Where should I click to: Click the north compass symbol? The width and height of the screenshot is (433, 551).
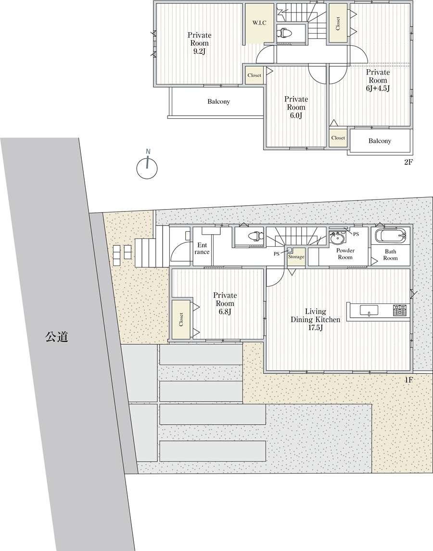click(x=147, y=167)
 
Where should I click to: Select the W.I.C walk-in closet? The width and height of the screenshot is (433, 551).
click(x=259, y=23)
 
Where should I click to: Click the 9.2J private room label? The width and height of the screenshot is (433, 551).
click(x=200, y=43)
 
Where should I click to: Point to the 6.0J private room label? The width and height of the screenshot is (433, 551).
click(x=296, y=107)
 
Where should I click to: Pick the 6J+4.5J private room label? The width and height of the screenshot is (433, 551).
click(x=378, y=80)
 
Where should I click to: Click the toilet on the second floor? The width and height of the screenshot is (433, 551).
click(x=285, y=33)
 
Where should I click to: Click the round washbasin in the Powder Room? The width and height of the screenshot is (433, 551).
click(x=337, y=238)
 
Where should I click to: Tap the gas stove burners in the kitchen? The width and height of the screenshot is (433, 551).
click(x=399, y=310)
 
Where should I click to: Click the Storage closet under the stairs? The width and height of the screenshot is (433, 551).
click(x=296, y=257)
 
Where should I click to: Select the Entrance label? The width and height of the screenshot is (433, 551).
click(x=202, y=249)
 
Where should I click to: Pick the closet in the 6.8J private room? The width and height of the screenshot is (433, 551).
click(x=181, y=319)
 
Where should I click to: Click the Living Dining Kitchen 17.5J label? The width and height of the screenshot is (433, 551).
click(x=315, y=320)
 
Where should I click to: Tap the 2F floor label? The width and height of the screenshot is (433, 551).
click(x=408, y=163)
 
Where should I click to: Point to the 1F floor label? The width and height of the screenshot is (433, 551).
click(x=408, y=379)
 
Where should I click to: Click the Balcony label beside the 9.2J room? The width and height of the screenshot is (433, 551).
click(x=218, y=101)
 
